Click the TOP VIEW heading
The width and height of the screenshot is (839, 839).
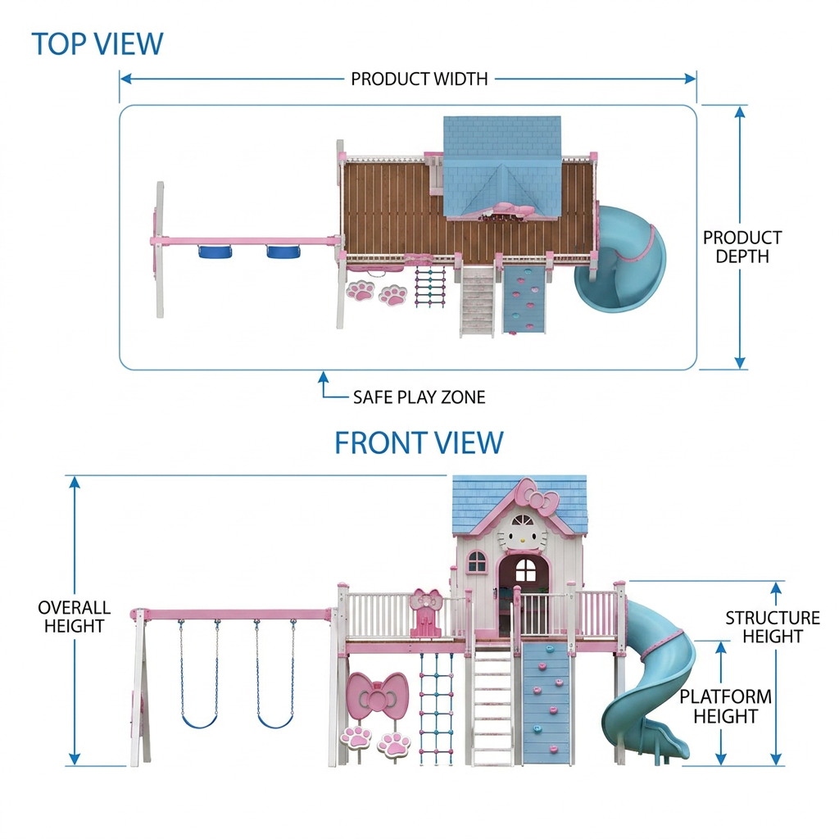tap(98, 44)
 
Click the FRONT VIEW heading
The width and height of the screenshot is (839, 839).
tap(419, 442)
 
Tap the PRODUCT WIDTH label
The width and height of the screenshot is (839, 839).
tap(419, 79)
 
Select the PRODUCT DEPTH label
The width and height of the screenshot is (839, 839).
tap(742, 247)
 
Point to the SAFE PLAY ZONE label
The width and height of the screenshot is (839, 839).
tap(419, 397)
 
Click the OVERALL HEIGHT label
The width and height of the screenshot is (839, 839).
tap(74, 616)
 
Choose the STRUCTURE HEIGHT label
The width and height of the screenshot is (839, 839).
tap(773, 627)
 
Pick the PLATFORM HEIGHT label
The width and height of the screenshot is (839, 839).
tap(726, 706)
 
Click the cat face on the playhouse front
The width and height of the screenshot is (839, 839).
tap(523, 533)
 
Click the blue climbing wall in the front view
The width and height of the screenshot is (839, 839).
tap(546, 702)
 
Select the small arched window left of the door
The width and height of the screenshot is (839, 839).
tap(477, 562)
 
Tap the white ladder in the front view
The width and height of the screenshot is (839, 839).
tap(492, 705)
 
